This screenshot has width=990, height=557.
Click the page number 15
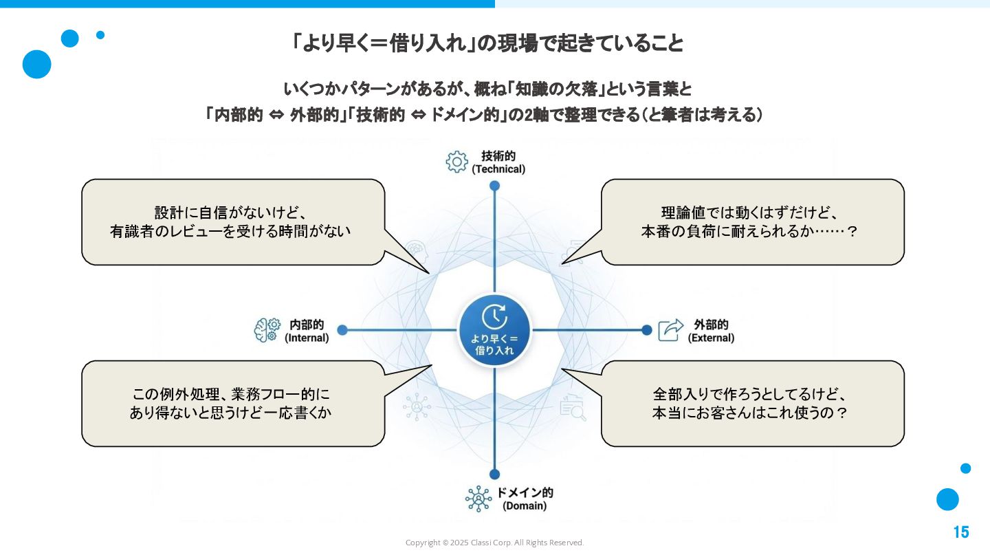(960, 532)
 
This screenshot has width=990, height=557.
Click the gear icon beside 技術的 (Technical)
(456, 162)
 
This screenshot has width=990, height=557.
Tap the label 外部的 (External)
(711, 331)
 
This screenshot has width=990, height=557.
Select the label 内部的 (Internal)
(307, 331)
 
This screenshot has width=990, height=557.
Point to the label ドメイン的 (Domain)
(525, 499)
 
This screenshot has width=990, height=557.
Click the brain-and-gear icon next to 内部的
(267, 330)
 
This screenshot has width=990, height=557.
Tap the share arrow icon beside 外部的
(671, 330)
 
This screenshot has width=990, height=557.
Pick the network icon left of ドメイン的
(478, 499)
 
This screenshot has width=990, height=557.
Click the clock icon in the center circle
(494, 316)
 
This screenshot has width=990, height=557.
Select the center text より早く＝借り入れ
(494, 345)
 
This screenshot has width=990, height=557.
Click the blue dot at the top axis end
(494, 186)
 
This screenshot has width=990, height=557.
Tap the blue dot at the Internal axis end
(342, 330)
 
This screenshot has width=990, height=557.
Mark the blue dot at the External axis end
(646, 330)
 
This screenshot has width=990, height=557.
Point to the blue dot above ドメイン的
(494, 474)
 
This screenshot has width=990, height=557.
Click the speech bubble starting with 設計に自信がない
(232, 222)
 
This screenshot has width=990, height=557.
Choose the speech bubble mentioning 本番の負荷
(752, 222)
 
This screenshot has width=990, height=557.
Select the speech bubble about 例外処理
(232, 404)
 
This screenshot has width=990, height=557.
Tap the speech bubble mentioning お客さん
(752, 404)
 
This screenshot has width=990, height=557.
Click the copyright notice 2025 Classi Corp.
(494, 543)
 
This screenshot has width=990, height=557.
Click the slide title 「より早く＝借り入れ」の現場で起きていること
(487, 44)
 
